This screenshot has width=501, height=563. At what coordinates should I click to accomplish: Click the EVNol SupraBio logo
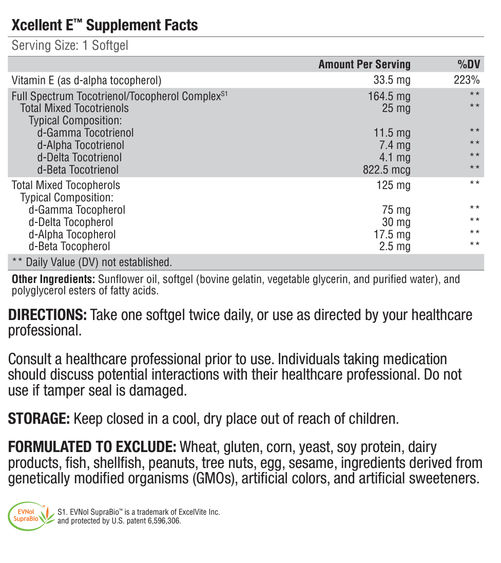pyautogui.click(x=31, y=516)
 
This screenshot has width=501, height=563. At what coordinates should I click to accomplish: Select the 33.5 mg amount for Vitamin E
pyautogui.click(x=392, y=80)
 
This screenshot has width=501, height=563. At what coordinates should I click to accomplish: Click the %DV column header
pyautogui.click(x=469, y=64)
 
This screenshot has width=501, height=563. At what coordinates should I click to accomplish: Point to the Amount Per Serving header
pyautogui.click(x=364, y=64)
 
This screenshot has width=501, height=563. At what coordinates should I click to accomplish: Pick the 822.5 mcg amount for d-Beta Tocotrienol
pyautogui.click(x=387, y=170)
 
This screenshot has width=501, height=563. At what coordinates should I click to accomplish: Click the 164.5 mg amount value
pyautogui.click(x=389, y=96)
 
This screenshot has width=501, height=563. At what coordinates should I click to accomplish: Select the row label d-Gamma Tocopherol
pyautogui.click(x=77, y=210)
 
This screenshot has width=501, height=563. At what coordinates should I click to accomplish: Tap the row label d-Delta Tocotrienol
pyautogui.click(x=80, y=158)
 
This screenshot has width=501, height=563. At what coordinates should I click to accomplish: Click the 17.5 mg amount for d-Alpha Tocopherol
pyautogui.click(x=392, y=235)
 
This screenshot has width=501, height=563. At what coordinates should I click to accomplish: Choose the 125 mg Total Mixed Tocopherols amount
pyautogui.click(x=393, y=185)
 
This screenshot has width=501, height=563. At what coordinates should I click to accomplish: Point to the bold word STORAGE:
pyautogui.click(x=39, y=419)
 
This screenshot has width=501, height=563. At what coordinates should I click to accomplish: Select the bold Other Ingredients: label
pyautogui.click(x=53, y=279)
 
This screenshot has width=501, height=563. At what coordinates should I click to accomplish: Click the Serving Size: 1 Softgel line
pyautogui.click(x=70, y=45)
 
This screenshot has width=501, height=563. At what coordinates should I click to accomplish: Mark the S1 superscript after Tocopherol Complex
pyautogui.click(x=224, y=93)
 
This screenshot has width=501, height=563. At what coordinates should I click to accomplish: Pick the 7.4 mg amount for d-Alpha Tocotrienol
pyautogui.click(x=395, y=145)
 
